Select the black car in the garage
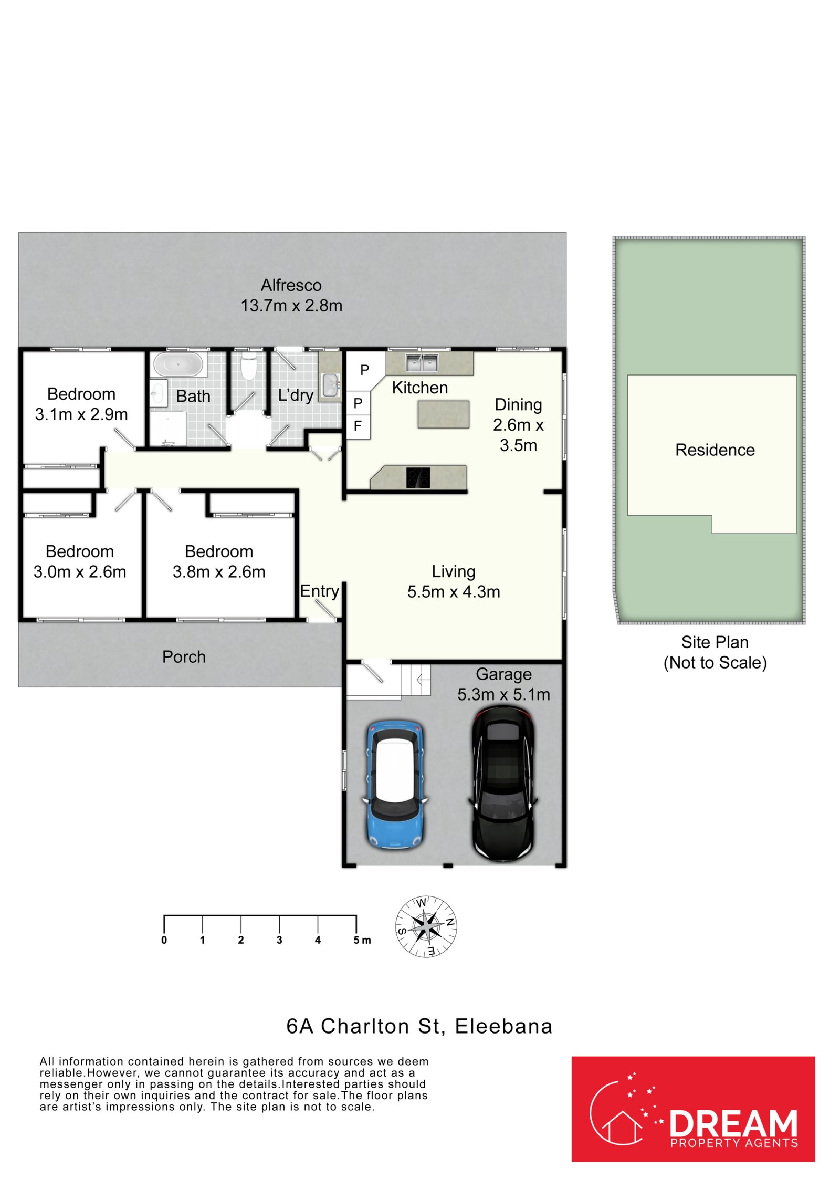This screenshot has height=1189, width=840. (502, 784)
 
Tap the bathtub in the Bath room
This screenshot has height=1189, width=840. (178, 364)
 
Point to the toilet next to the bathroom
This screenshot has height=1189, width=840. (248, 366)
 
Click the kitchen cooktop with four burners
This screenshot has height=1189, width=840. (418, 477)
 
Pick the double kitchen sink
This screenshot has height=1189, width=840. (422, 363)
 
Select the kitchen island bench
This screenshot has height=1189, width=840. (443, 414)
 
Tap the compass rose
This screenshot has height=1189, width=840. (426, 927)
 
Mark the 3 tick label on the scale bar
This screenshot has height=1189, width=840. (279, 941)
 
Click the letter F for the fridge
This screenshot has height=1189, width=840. (358, 426)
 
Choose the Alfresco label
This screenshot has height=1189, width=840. (291, 285)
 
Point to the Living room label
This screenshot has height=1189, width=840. (454, 571)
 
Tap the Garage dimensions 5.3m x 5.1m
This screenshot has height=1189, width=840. (503, 695)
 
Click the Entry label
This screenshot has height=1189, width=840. (319, 591)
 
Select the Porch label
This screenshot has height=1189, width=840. (184, 657)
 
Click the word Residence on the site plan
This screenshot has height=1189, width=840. (715, 450)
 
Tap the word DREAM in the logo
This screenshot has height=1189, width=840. (733, 1124)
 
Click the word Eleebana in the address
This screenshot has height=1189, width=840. (503, 1027)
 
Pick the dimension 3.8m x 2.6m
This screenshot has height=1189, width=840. (219, 572)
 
